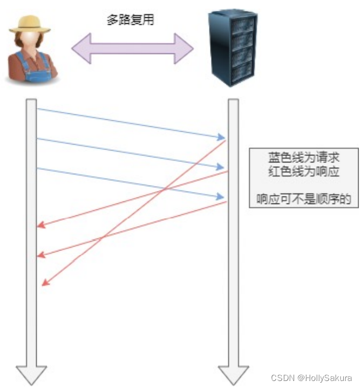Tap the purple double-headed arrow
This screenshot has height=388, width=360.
(x=132, y=47)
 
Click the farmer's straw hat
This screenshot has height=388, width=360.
(x=32, y=22)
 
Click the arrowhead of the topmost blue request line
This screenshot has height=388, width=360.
(x=221, y=138)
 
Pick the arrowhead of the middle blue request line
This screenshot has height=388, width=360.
(x=221, y=167)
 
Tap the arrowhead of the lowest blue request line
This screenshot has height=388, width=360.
(x=221, y=197)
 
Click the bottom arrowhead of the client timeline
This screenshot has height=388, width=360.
(x=31, y=374)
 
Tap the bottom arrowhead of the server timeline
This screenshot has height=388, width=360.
(x=233, y=374)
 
